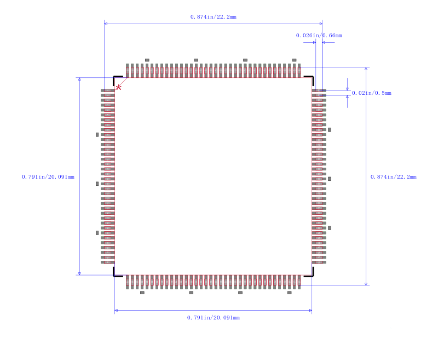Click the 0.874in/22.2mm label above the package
(213, 17)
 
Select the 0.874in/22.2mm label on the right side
(393, 176)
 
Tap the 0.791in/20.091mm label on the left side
(48, 176)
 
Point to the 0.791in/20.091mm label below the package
(213, 317)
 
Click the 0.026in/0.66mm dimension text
(319, 36)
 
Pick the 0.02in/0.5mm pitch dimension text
(372, 93)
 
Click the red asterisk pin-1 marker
(119, 88)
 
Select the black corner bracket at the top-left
(118, 81)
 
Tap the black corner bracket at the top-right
(309, 81)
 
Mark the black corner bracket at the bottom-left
(118, 272)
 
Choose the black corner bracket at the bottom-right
(309, 272)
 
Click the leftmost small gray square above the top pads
(147, 60)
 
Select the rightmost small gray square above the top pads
(294, 60)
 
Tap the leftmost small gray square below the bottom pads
(142, 293)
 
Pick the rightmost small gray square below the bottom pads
(290, 293)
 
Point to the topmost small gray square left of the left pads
(97, 135)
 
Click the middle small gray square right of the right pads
(330, 179)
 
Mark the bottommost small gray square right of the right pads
(330, 228)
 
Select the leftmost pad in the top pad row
(128, 71)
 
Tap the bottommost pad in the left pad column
(108, 262)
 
